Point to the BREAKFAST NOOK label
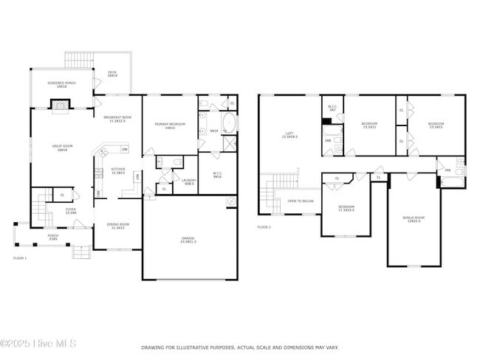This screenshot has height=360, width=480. pos(117,119)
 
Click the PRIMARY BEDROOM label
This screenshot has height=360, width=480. pos(170,126)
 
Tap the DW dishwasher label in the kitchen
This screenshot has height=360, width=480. pos(125,150)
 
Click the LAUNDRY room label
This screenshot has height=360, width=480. pos(188,181)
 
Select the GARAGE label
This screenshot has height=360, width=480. pos(189,239)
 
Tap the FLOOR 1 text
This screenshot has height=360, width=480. pos(19,258)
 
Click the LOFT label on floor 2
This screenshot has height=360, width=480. pos(290,135)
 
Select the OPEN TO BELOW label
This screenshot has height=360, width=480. pos(300,201)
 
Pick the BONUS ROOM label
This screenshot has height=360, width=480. pos(414,218)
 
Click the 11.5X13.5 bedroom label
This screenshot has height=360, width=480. pos(346,209)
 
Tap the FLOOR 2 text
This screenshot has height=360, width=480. pos(264,226)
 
